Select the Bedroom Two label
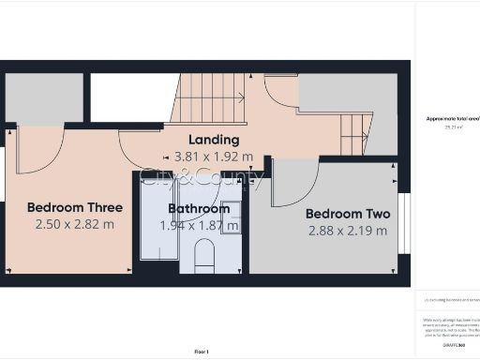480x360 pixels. click(x=348, y=214)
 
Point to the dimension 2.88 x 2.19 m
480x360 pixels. click(x=348, y=231)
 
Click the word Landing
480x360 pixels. click(x=213, y=140)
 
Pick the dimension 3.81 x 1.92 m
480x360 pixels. click(x=213, y=157)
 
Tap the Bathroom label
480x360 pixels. click(x=199, y=208)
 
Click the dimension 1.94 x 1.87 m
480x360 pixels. click(x=199, y=225)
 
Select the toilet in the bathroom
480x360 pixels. click(x=204, y=255)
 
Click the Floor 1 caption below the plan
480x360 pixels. click(x=202, y=351)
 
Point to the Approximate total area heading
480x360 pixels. click(x=452, y=119)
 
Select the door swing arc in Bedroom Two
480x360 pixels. click(x=295, y=183)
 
